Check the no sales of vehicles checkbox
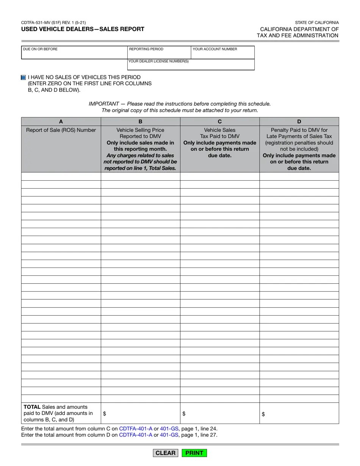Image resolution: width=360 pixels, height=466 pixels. pyautogui.click(x=23, y=77)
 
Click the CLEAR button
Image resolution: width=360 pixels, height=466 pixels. pyautogui.click(x=166, y=453)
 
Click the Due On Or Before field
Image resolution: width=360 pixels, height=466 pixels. pyautogui.click(x=74, y=53)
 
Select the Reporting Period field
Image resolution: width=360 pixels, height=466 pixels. pyautogui.click(x=159, y=53)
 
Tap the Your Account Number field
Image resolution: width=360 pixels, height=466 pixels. pyautogui.click(x=222, y=53)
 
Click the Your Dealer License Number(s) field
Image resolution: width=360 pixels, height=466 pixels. pyautogui.click(x=191, y=65)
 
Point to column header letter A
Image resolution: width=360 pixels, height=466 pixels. pyautogui.click(x=61, y=122)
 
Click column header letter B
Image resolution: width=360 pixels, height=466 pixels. pyautogui.click(x=140, y=122)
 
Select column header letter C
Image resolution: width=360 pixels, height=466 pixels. pyautogui.click(x=220, y=122)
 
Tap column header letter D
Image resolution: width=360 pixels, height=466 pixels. pyautogui.click(x=299, y=122)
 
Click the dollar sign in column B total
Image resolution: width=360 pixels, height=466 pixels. pyautogui.click(x=105, y=414)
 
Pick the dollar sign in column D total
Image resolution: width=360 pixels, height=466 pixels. pyautogui.click(x=263, y=414)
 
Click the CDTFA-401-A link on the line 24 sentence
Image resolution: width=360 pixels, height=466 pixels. pyautogui.click(x=136, y=428)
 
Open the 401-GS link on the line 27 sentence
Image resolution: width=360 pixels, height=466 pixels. pyautogui.click(x=169, y=435)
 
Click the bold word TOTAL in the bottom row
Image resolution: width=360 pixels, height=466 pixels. pyautogui.click(x=32, y=407)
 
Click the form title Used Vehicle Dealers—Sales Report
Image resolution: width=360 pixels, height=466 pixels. pyautogui.click(x=83, y=29)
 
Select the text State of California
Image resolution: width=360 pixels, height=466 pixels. pyautogui.click(x=317, y=23)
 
